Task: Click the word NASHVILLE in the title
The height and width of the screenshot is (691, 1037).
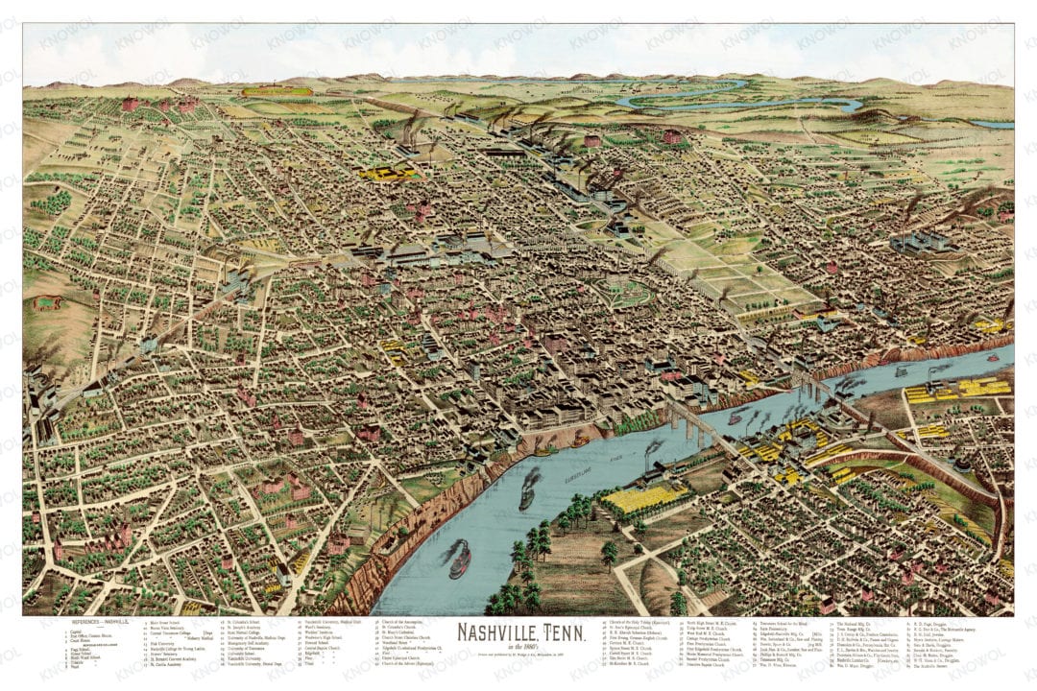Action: point(496,633)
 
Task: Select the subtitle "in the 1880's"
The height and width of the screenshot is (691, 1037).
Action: point(518,648)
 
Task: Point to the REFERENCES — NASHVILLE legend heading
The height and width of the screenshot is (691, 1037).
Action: point(96,623)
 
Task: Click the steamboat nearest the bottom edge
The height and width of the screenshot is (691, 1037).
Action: point(460,560)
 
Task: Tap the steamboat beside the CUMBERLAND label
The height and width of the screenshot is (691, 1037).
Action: point(529,488)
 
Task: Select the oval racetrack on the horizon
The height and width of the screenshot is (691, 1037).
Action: point(277,92)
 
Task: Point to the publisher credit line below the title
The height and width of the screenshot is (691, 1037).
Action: point(518,655)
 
